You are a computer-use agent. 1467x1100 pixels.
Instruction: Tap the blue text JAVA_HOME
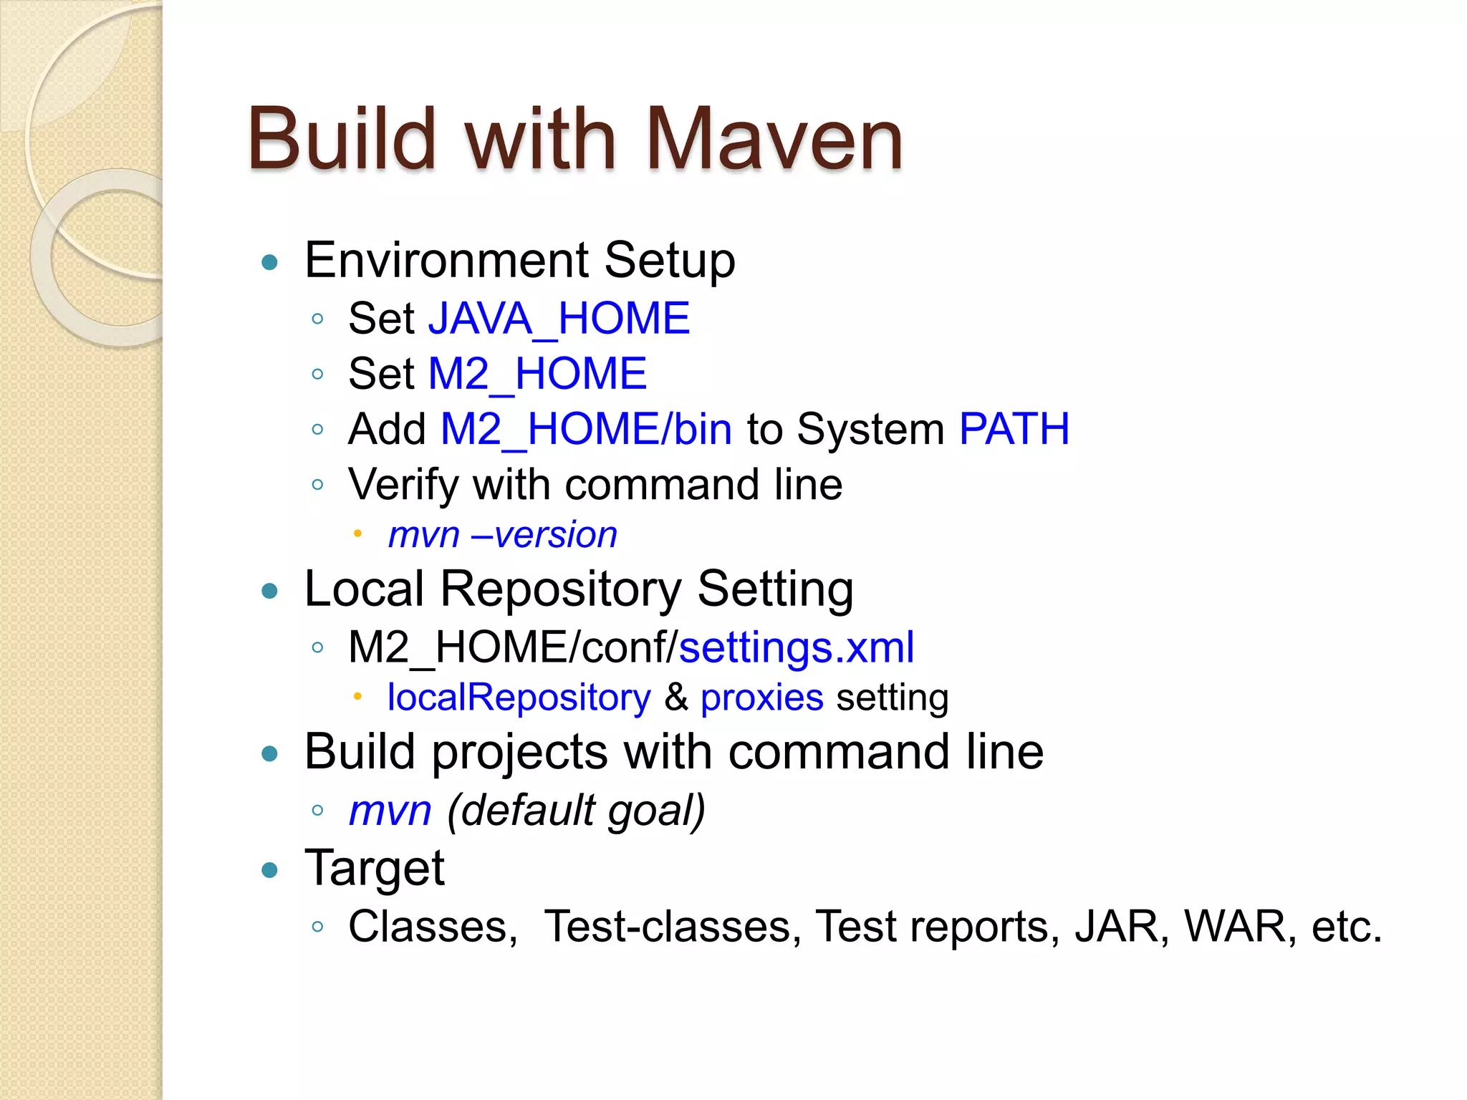pyautogui.click(x=559, y=318)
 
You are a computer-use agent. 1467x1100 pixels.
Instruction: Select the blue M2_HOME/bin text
pyautogui.click(x=586, y=429)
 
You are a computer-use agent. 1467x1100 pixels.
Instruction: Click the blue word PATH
pyautogui.click(x=1014, y=429)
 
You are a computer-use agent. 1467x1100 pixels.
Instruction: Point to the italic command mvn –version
pyautogui.click(x=502, y=535)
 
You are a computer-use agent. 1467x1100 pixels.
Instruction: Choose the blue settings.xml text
pyautogui.click(x=796, y=647)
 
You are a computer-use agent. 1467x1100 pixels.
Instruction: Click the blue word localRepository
pyautogui.click(x=519, y=698)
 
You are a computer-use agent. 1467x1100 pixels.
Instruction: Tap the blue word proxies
pyautogui.click(x=761, y=698)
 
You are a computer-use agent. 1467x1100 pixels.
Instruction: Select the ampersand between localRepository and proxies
pyautogui.click(x=675, y=698)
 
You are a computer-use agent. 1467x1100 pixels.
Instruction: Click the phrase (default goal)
pyautogui.click(x=576, y=810)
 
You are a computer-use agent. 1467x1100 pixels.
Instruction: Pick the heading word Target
pyautogui.click(x=374, y=868)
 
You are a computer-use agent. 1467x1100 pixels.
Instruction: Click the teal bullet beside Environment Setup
pyautogui.click(x=270, y=262)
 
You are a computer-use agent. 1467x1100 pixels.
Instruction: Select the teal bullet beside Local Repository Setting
pyautogui.click(x=270, y=591)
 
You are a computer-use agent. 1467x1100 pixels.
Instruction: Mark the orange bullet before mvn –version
pyautogui.click(x=357, y=534)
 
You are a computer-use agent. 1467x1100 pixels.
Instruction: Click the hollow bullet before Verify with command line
pyautogui.click(x=318, y=485)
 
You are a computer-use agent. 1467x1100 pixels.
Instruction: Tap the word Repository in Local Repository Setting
pyautogui.click(x=560, y=589)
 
